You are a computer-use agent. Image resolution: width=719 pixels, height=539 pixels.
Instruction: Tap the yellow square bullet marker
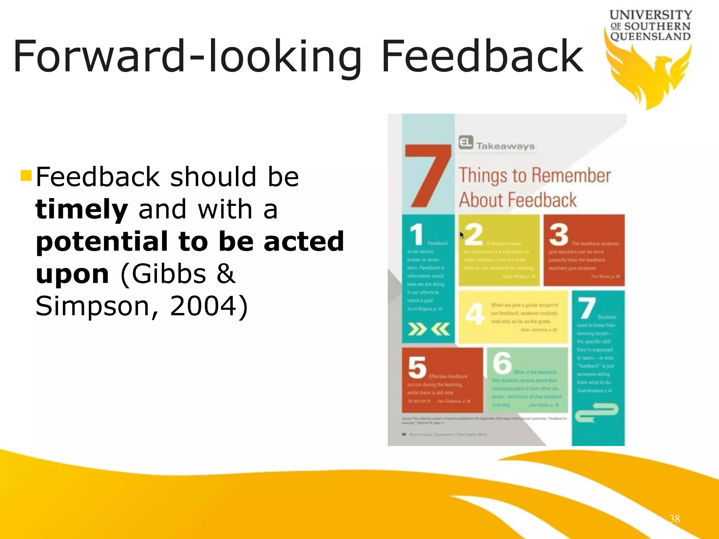26,175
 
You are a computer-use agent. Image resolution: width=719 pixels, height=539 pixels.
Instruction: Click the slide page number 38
674,519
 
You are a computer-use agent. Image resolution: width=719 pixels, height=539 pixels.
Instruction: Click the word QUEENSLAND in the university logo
650,36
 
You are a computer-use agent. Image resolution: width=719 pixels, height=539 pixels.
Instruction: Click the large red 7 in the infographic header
427,175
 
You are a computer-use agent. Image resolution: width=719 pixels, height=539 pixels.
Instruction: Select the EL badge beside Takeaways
466,142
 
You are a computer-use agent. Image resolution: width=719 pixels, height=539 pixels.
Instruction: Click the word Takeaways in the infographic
505,146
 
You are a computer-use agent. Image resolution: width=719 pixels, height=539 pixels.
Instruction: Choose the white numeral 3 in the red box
559,234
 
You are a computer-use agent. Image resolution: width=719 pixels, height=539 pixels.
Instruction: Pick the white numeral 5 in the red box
417,367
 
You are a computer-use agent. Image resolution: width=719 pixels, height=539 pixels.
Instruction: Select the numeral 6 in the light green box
502,363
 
